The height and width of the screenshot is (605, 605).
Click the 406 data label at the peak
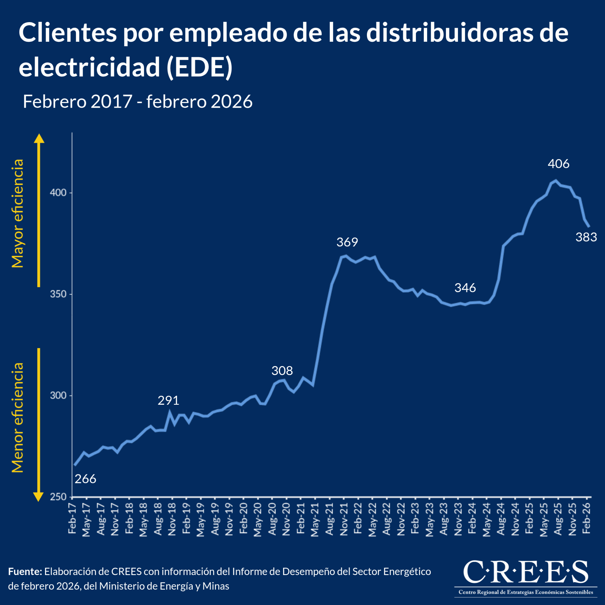point(558,164)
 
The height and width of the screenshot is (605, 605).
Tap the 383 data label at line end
point(586,237)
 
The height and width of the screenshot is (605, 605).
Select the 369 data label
point(347,242)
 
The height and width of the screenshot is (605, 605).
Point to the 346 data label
point(465,287)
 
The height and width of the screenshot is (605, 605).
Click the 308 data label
point(282,371)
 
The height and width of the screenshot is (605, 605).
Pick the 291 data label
point(168,401)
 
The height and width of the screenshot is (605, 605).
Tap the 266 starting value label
point(85,479)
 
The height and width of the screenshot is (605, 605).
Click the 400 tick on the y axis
point(58,193)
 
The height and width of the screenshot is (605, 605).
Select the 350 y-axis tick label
point(58,294)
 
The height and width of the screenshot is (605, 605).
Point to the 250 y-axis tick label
point(58,497)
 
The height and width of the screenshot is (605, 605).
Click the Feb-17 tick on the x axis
point(72,518)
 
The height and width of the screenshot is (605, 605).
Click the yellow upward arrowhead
point(39,139)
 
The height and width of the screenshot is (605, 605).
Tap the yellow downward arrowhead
point(38,497)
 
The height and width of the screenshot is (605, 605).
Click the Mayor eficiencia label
point(18,213)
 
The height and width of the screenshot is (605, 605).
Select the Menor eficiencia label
point(18,417)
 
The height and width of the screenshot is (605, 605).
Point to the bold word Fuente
point(25,572)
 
